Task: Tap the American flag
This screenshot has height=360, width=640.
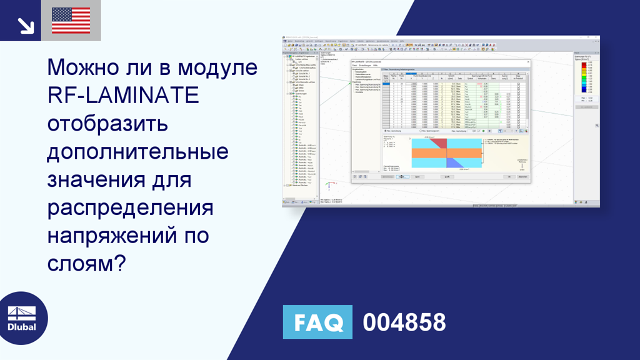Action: click(x=71, y=21)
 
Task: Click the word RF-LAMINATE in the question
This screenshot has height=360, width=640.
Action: click(x=123, y=96)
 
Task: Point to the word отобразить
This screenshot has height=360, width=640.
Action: click(x=107, y=124)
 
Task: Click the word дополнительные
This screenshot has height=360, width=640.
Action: click(x=137, y=152)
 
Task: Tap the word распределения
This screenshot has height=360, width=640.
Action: click(x=130, y=208)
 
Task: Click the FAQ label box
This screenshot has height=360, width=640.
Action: click(x=317, y=322)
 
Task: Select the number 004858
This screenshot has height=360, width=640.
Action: click(x=404, y=322)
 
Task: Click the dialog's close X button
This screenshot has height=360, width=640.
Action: click(x=528, y=62)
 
